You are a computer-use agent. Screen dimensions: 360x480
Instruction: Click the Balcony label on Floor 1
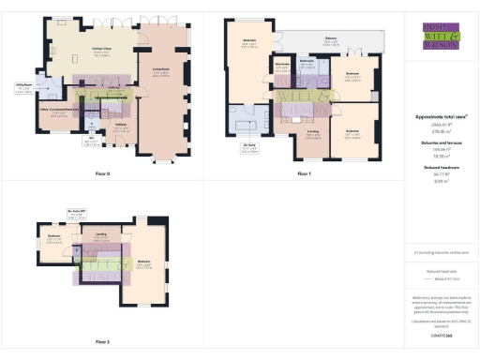pos(330,40)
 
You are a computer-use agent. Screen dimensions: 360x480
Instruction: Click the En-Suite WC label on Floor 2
pos(90,214)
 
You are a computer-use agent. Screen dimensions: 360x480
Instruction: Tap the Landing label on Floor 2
pos(100,234)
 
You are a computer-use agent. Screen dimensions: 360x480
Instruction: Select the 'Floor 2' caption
pos(102,341)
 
